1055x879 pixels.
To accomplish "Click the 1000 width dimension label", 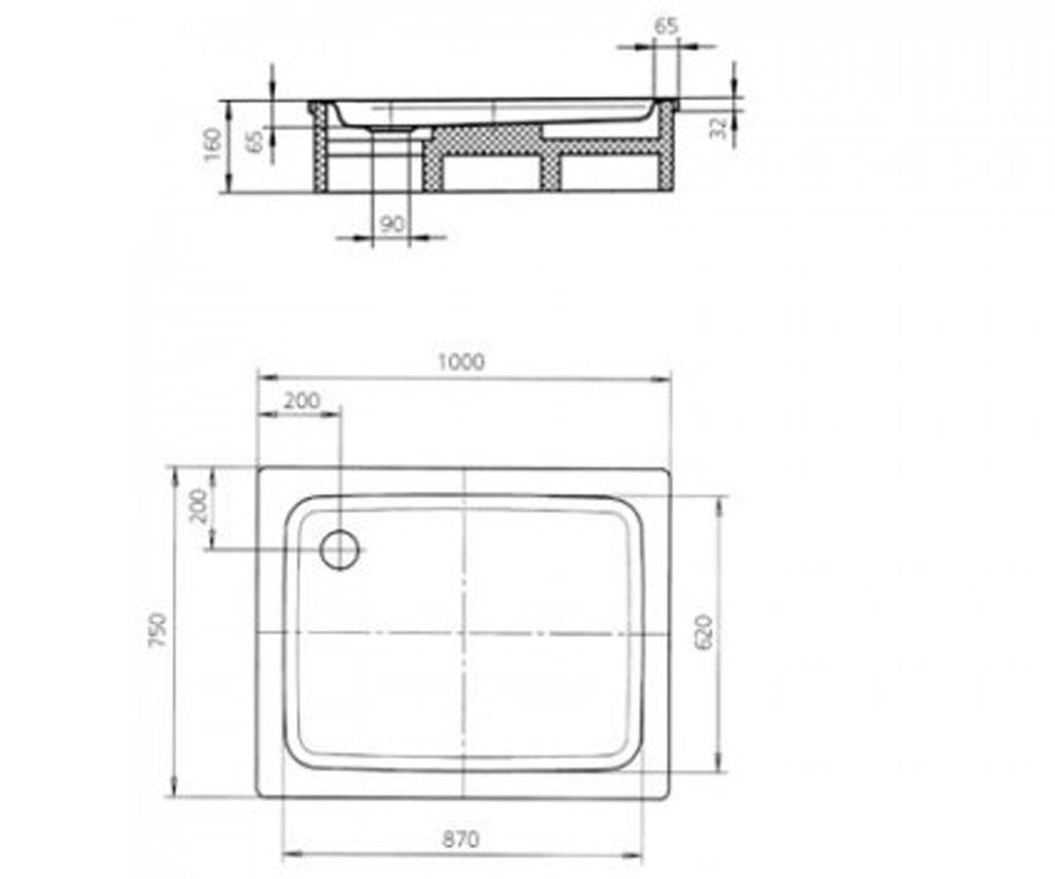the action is click(461, 361).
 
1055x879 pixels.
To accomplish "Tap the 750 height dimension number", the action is click(157, 630).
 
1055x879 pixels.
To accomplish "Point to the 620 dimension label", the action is click(704, 633).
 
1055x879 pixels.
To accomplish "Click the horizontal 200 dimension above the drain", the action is click(302, 401).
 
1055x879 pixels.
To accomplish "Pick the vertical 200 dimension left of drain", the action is click(198, 506).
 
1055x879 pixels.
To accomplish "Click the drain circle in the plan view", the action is click(340, 549).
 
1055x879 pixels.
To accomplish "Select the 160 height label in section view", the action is click(213, 144).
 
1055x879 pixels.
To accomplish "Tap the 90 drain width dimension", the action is click(391, 224).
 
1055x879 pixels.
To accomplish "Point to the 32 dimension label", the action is click(718, 127).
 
